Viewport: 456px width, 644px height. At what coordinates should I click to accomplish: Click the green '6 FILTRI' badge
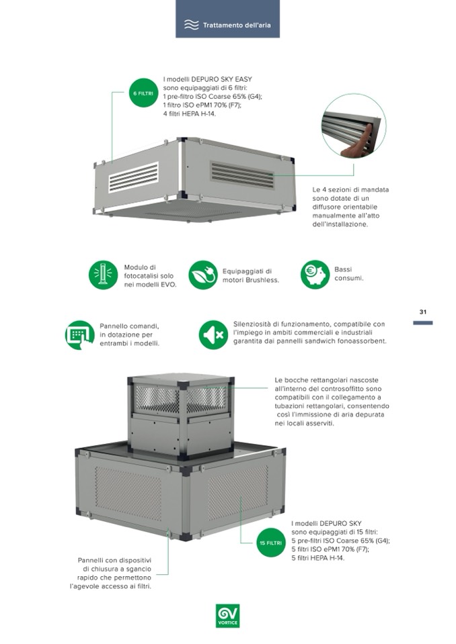[143, 93]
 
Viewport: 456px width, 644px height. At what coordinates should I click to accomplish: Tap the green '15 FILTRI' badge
[270, 543]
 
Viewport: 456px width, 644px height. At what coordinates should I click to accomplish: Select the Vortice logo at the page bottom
[227, 615]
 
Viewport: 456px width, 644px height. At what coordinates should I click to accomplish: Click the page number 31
[422, 312]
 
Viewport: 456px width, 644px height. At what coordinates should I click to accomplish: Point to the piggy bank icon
[315, 275]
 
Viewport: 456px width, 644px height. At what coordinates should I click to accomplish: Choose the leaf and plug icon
[203, 275]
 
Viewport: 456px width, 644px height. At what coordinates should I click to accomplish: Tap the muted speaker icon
[213, 334]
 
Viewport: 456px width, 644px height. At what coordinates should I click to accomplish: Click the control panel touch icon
[80, 334]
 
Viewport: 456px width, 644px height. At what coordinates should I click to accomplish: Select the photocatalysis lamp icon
[103, 275]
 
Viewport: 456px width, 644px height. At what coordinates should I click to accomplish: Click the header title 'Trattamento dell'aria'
[237, 25]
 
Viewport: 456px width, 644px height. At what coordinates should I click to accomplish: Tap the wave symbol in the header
[192, 25]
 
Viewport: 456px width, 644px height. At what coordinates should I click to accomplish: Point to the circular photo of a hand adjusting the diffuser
[354, 126]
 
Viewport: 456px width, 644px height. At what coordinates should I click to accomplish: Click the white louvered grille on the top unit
[133, 177]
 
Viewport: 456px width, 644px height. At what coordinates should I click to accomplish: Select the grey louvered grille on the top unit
[242, 175]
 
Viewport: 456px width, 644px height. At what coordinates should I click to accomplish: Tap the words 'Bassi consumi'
[348, 273]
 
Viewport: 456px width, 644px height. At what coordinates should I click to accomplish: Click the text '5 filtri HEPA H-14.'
[318, 558]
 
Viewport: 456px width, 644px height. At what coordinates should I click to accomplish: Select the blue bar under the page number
[422, 323]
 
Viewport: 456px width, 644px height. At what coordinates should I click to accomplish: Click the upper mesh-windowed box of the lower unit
[181, 415]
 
